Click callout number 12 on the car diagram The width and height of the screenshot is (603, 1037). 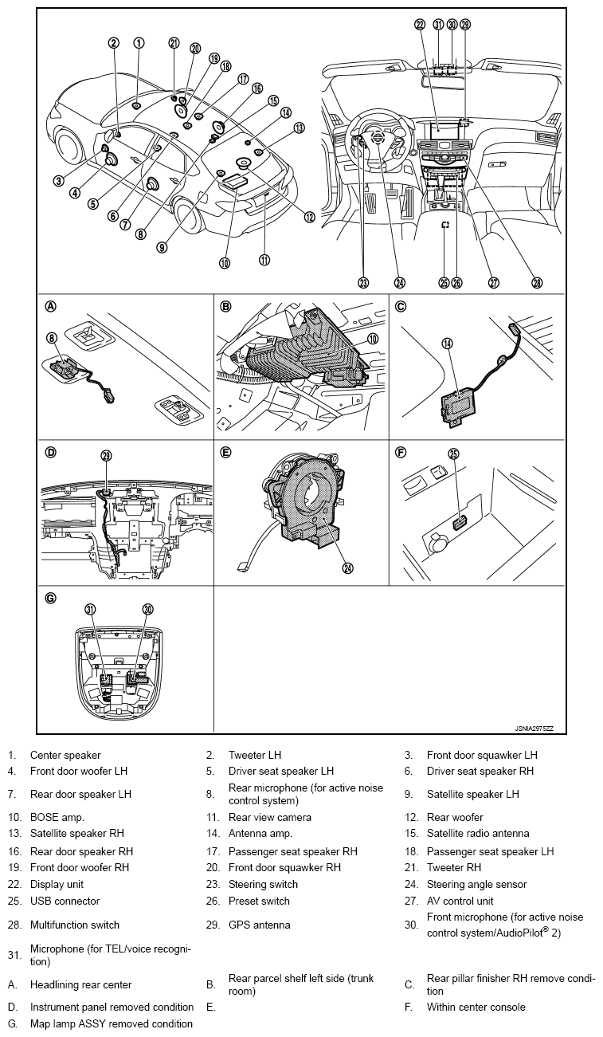point(309,216)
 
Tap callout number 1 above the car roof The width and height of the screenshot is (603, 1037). point(139,43)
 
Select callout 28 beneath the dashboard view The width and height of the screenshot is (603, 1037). point(536,282)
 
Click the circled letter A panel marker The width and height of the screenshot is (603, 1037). point(51,306)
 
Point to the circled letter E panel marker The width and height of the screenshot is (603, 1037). point(225,453)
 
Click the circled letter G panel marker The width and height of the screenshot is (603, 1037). point(51,598)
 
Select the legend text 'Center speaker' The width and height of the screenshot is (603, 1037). point(65,755)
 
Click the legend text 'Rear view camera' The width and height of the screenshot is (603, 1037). point(269,817)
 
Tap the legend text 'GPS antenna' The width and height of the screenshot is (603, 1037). point(259,925)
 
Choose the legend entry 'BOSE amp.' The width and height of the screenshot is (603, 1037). point(57,817)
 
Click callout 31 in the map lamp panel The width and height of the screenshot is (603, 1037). point(90,610)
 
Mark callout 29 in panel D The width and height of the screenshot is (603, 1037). point(106,456)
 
